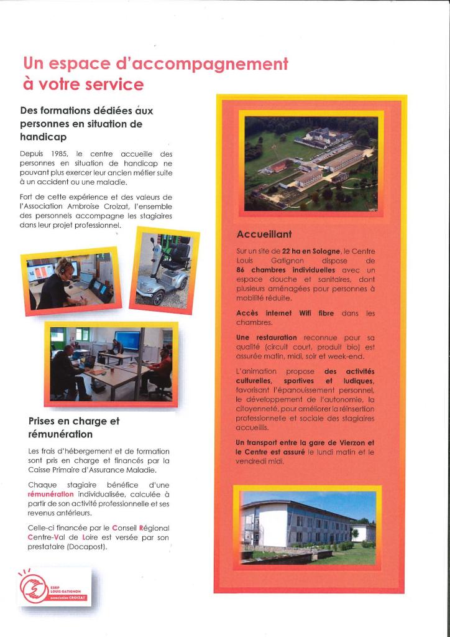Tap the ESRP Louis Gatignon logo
55,587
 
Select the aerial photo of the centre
311,163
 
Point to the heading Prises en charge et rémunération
73,427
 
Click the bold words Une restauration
257,337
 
